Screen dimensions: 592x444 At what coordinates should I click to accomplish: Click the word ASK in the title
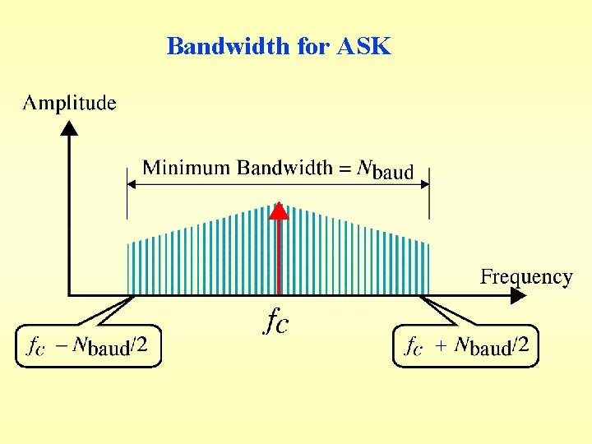click(x=364, y=47)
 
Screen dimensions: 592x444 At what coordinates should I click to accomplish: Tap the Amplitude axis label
click(x=69, y=103)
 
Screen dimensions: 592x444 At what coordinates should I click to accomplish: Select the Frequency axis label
click(x=525, y=277)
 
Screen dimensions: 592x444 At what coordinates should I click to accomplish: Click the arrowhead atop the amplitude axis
click(x=70, y=128)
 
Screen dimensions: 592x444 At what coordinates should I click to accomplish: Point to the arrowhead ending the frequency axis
click(x=518, y=294)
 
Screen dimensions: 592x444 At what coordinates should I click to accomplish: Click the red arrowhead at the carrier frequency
click(x=280, y=210)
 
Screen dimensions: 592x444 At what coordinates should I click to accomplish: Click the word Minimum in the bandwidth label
click(x=187, y=169)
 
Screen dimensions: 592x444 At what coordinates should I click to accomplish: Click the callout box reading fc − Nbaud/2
click(x=89, y=346)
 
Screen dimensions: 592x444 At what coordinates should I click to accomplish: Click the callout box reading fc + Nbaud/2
click(x=465, y=346)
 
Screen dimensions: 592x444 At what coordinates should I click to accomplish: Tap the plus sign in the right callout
click(x=441, y=346)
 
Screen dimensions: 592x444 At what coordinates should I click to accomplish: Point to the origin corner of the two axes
click(x=70, y=294)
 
